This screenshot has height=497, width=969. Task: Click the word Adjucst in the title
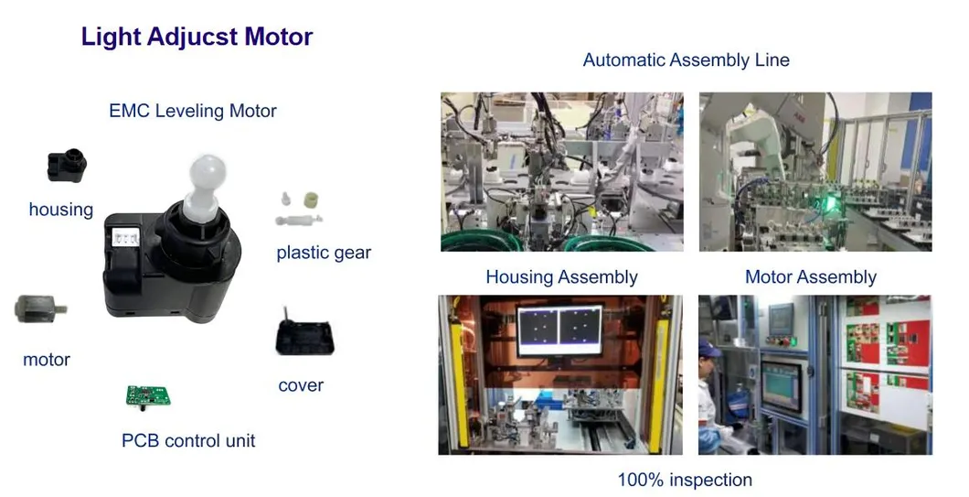point(193,38)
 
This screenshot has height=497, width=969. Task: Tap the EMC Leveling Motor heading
point(193,111)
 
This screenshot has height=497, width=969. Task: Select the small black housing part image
point(66,166)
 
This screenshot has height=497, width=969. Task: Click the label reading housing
point(61,210)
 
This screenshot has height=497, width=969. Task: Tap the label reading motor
point(47,360)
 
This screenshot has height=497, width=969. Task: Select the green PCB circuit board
point(148,396)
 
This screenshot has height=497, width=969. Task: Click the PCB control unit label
point(188,440)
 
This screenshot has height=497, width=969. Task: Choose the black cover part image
point(304,334)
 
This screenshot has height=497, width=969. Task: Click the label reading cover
point(301,385)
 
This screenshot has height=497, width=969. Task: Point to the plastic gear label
point(324,253)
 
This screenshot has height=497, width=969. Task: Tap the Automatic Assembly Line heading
point(686,60)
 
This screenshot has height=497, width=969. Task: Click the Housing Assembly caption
point(562,276)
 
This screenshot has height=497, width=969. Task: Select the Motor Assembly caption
point(811,276)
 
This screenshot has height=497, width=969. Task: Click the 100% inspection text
point(686,480)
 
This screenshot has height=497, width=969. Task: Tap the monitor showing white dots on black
point(560,330)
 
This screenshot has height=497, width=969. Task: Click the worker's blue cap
point(708,348)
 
